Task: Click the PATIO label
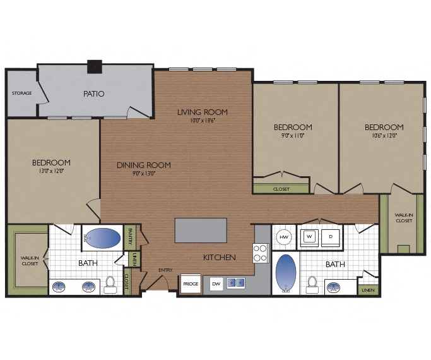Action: tap(93, 93)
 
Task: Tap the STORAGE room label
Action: tap(22, 93)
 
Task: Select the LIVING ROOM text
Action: tap(202, 112)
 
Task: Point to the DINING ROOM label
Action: tap(143, 165)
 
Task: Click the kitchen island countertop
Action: tap(201, 231)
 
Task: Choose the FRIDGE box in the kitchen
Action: tap(191, 284)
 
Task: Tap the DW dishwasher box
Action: tap(216, 284)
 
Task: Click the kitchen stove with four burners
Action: tap(261, 253)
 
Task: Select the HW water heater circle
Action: tap(284, 236)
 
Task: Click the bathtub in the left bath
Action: tap(102, 238)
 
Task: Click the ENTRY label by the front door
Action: tap(165, 270)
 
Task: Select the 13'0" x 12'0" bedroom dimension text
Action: tap(51, 171)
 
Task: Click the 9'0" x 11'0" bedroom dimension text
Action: tap(293, 135)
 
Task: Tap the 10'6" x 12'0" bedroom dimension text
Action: tap(384, 135)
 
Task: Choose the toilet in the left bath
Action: tap(110, 285)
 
